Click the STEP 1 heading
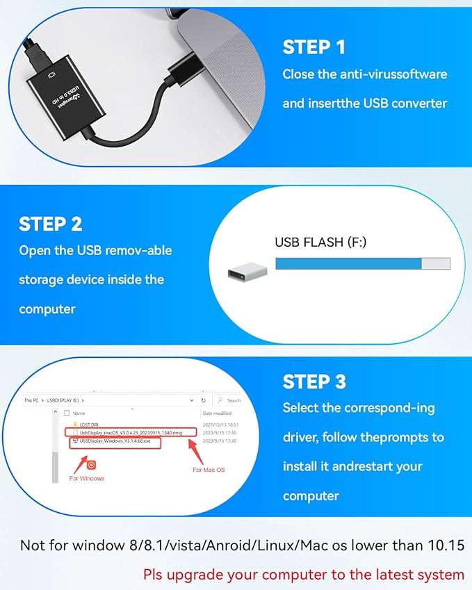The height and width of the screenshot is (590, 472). [x=314, y=47]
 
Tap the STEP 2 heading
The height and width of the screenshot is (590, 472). [x=51, y=224]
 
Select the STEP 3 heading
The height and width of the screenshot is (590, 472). [x=314, y=382]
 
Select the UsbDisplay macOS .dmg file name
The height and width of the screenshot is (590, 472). [x=133, y=432]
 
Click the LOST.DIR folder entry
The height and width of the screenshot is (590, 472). [x=89, y=423]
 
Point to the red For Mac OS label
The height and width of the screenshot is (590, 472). [x=209, y=470]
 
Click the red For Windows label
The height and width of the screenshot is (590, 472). [x=87, y=478]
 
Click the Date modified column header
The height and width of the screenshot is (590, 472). [x=217, y=413]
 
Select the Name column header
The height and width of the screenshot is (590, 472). [x=79, y=413]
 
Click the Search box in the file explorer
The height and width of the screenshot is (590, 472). [x=230, y=400]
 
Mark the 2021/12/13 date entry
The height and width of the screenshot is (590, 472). [x=221, y=423]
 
